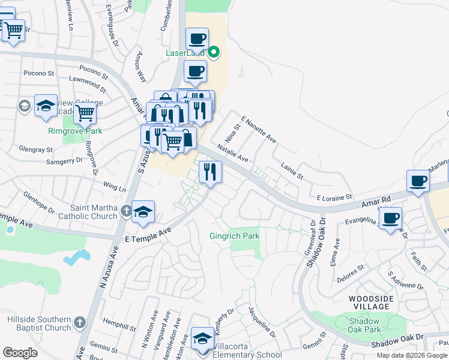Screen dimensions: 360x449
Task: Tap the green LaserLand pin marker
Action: tap(214, 52)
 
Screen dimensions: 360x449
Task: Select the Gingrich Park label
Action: tap(234, 236)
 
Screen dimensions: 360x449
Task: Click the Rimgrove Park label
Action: tap(75, 131)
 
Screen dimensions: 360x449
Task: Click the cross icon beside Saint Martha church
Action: tap(125, 211)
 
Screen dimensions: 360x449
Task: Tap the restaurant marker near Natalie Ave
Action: tap(210, 173)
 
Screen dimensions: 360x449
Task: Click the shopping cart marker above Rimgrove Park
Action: tap(86, 112)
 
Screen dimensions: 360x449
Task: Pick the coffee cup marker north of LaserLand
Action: tap(197, 40)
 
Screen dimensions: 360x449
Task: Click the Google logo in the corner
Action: tap(20, 353)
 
